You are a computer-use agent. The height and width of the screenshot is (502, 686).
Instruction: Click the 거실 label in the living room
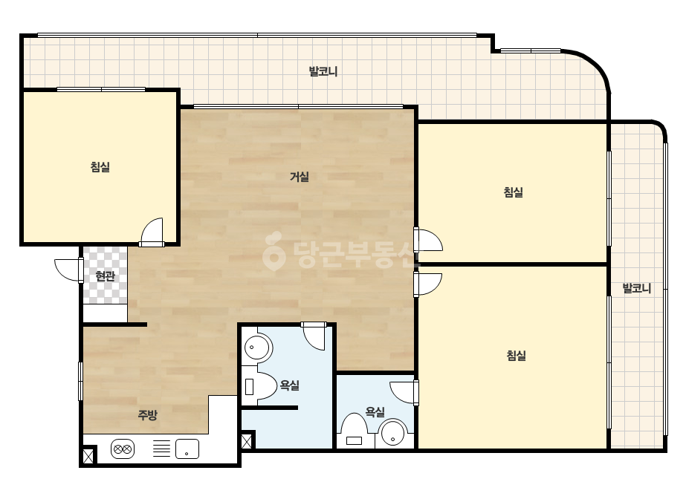[300, 177]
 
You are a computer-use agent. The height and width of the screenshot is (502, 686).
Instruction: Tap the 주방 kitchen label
[147, 414]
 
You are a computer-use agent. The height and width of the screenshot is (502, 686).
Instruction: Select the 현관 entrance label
[105, 276]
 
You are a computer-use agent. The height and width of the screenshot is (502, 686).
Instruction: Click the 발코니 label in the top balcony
[323, 71]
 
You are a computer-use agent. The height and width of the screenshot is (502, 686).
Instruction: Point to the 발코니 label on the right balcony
[637, 288]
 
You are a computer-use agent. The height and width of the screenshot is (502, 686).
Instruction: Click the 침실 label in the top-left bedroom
[100, 166]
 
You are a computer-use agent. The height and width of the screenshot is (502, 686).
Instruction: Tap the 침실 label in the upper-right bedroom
[514, 192]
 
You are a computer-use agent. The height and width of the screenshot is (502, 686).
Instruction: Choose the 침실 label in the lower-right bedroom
[517, 356]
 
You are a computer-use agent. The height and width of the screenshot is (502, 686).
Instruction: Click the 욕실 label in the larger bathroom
[290, 385]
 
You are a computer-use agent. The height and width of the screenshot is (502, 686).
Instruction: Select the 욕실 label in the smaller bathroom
[375, 412]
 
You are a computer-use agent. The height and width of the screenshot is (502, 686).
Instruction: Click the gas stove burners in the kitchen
[123, 449]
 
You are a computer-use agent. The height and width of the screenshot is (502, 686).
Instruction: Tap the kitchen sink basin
[187, 449]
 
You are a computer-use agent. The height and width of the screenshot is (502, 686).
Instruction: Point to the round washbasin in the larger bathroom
[258, 348]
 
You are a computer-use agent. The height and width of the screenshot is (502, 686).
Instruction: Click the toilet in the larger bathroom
[259, 387]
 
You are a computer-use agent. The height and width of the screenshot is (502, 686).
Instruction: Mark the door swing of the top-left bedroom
[152, 232]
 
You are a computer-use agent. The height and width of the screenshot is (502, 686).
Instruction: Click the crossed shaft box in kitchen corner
[88, 456]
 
